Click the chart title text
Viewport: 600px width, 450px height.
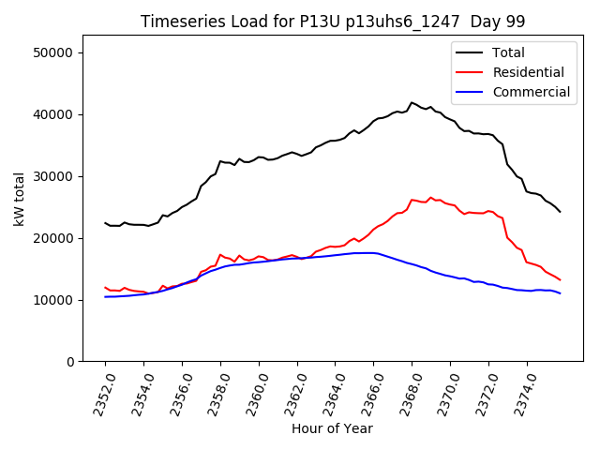pos(333,22)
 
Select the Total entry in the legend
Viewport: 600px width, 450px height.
pos(508,52)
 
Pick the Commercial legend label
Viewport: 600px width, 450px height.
pos(531,92)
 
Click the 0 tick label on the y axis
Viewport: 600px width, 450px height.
pos(70,362)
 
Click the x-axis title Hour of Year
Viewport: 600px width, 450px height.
pos(332,428)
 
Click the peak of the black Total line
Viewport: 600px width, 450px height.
pos(412,102)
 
